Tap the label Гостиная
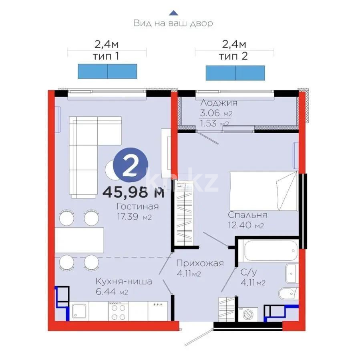[x=138, y=206]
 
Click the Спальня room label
[x=247, y=215]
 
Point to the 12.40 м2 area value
[x=246, y=226]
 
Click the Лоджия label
[x=219, y=103]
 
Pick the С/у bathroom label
[x=249, y=272]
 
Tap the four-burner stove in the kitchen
[x=117, y=311]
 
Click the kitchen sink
[x=80, y=311]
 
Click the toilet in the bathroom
[x=288, y=294]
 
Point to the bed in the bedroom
[x=263, y=191]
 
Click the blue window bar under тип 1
[x=107, y=71]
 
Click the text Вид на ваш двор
[x=173, y=23]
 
